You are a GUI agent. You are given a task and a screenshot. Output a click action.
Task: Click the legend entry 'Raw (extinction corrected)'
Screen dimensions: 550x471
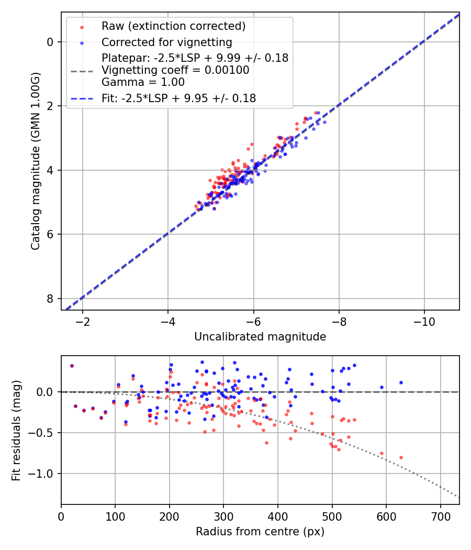pos(173,26)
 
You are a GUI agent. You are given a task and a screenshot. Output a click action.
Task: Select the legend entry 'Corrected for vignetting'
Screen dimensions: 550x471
pos(166,42)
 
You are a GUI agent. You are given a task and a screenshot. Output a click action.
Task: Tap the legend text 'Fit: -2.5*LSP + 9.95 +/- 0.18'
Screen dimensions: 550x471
pos(178,98)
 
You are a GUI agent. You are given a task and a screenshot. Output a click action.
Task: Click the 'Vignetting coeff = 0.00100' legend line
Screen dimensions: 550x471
pos(175,70)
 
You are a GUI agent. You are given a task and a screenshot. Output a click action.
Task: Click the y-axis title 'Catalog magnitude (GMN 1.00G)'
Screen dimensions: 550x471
pos(35,161)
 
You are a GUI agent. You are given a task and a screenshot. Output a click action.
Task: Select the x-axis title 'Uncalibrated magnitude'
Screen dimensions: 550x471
pos(260,337)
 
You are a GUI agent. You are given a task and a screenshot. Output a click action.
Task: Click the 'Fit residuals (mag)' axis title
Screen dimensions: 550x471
pos(16,430)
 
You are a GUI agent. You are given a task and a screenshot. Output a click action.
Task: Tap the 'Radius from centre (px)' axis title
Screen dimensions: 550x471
pos(260,532)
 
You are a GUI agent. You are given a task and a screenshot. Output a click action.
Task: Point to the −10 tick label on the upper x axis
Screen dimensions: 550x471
pos(424,321)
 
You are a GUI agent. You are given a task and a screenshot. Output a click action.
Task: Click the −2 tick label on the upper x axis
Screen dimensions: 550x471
pos(83,321)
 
